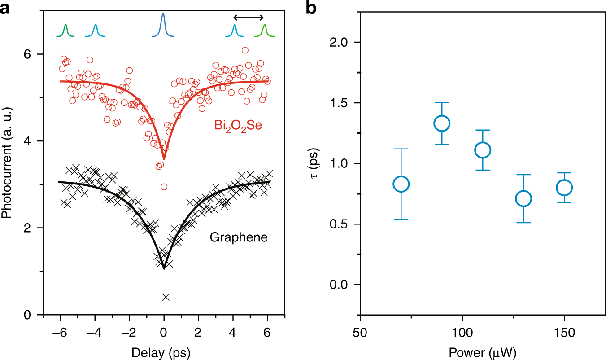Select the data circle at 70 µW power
[x=401, y=184]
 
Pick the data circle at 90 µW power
[x=442, y=123]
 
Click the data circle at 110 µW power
[x=483, y=150]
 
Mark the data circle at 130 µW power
[x=523, y=198]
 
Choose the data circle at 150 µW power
[x=564, y=188]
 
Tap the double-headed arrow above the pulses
[x=249, y=18]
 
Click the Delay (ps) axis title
[x=161, y=353]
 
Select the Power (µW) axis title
[x=482, y=353]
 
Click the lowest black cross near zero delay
[x=166, y=297]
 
